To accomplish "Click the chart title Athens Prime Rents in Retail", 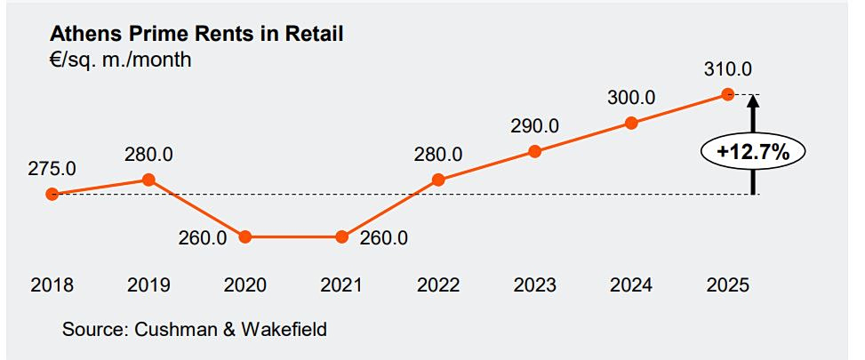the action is click(196, 34).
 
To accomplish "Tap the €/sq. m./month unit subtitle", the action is click(120, 59).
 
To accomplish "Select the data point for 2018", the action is click(52, 194).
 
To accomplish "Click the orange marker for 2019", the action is click(148, 180).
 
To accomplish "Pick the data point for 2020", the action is click(245, 237).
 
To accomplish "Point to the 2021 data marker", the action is click(342, 237).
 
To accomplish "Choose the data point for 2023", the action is click(534, 151).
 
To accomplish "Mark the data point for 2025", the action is click(728, 94).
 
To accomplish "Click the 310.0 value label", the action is click(728, 69).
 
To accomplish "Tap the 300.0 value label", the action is click(631, 98).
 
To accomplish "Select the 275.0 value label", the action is click(52, 169).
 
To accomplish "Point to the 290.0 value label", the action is click(534, 126).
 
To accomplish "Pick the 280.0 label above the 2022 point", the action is click(438, 155).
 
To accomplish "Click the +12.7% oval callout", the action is click(754, 152).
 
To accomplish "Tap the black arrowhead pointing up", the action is click(754, 100).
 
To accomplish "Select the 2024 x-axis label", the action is click(631, 285).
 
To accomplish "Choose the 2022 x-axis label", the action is click(438, 285).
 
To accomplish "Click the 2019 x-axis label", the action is click(148, 285).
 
